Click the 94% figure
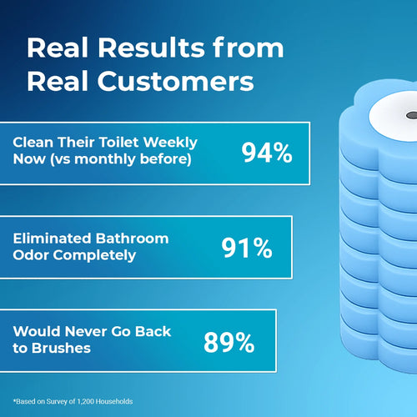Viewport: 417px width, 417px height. click(x=266, y=153)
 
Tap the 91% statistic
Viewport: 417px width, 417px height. click(x=246, y=248)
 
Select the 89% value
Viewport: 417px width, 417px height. click(x=229, y=342)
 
